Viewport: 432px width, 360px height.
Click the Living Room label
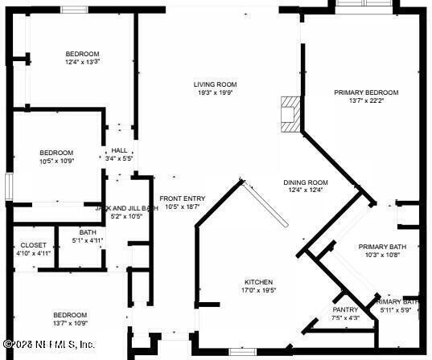point(215,84)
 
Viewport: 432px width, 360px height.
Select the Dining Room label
point(306,182)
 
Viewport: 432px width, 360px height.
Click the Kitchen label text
point(258,283)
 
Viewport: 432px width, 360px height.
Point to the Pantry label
point(345,309)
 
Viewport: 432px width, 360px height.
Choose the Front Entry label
point(182,198)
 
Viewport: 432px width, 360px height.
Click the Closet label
point(34,244)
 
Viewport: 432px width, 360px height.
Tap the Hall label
point(119,150)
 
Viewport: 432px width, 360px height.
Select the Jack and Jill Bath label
point(126,207)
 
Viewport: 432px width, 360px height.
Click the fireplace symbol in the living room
point(289,113)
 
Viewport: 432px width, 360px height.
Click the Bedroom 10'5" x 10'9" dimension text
point(57,161)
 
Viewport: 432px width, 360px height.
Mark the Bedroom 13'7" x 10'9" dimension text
point(70,323)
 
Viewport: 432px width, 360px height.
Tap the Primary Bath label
point(382,247)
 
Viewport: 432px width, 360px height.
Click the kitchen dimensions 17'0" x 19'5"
point(258,292)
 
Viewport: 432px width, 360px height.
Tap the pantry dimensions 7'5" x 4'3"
point(345,317)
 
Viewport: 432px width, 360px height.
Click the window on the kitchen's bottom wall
point(241,351)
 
